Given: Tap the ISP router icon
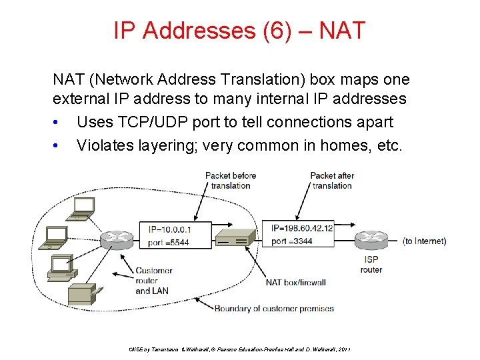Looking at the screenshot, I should pos(371,239).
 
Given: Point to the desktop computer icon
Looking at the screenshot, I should pos(60,267).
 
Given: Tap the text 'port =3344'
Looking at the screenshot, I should pos(293,241).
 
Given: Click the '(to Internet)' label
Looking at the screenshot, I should pos(425,241).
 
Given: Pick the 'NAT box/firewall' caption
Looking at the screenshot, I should pos(295,283).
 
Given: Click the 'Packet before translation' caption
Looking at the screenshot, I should pos(231,181).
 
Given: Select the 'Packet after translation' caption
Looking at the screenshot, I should pos(332,181).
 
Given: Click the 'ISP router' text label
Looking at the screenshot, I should pos(371,265).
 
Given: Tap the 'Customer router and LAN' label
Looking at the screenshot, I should pos(153,281).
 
